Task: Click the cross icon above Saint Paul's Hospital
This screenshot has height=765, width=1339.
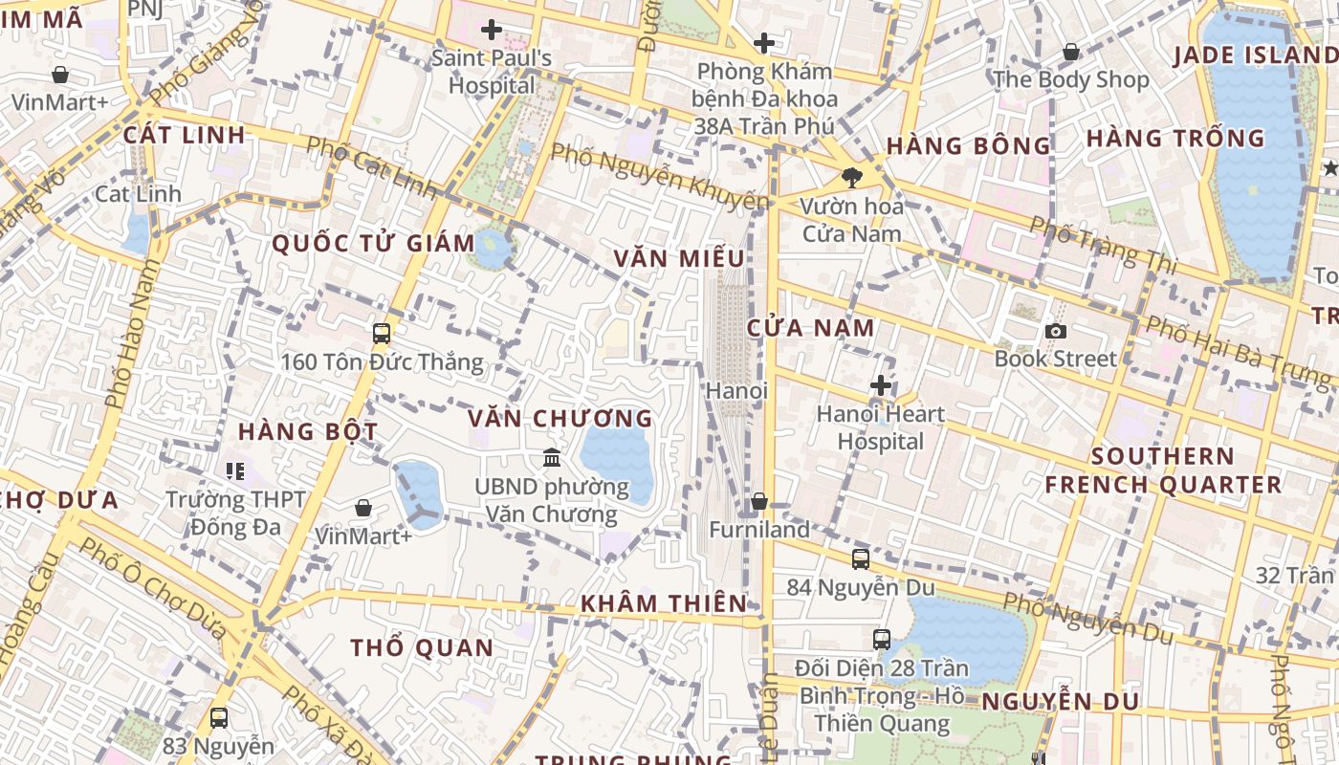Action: click(x=492, y=30)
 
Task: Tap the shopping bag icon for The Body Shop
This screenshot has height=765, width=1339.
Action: click(x=1070, y=52)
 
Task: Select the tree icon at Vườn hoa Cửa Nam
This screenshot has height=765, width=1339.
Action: click(x=850, y=177)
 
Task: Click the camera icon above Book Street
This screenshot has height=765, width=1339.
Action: click(x=1056, y=331)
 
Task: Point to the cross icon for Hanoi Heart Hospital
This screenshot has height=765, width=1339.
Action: click(x=881, y=385)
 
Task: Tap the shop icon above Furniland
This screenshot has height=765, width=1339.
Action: click(x=759, y=501)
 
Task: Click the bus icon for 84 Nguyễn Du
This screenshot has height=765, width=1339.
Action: click(x=861, y=559)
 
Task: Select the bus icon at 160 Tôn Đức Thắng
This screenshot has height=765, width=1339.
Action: click(x=382, y=334)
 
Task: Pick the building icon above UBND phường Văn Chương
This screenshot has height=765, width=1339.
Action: click(x=552, y=458)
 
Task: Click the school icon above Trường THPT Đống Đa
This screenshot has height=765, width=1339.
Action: click(x=235, y=470)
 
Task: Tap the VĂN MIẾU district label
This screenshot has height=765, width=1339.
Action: click(x=679, y=258)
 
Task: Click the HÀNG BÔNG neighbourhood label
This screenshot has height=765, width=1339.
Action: click(x=968, y=146)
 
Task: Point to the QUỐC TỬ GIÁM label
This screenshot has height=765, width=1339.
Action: click(x=373, y=243)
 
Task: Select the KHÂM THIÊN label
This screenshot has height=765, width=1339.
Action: click(x=664, y=602)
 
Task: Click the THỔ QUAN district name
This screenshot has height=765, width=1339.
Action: click(x=422, y=647)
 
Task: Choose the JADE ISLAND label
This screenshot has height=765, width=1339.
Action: click(x=1254, y=55)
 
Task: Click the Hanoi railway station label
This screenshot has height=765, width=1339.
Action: click(x=736, y=390)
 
